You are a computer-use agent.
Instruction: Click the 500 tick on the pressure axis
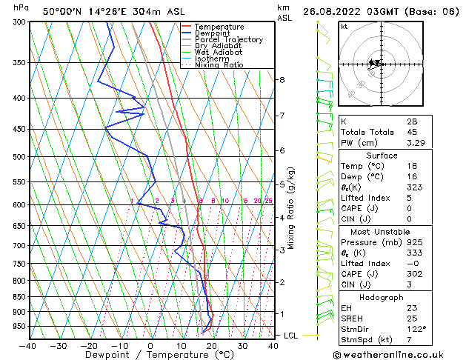pos(16,157)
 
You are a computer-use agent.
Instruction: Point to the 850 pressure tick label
pos(16,296)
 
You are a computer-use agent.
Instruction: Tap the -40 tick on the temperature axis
pos(28,346)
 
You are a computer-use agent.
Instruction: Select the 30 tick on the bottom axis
pos(243,346)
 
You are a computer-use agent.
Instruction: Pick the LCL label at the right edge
pos(292,336)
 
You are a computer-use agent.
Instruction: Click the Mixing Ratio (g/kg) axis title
pos(292,208)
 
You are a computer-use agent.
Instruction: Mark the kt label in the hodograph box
pos(344,26)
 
